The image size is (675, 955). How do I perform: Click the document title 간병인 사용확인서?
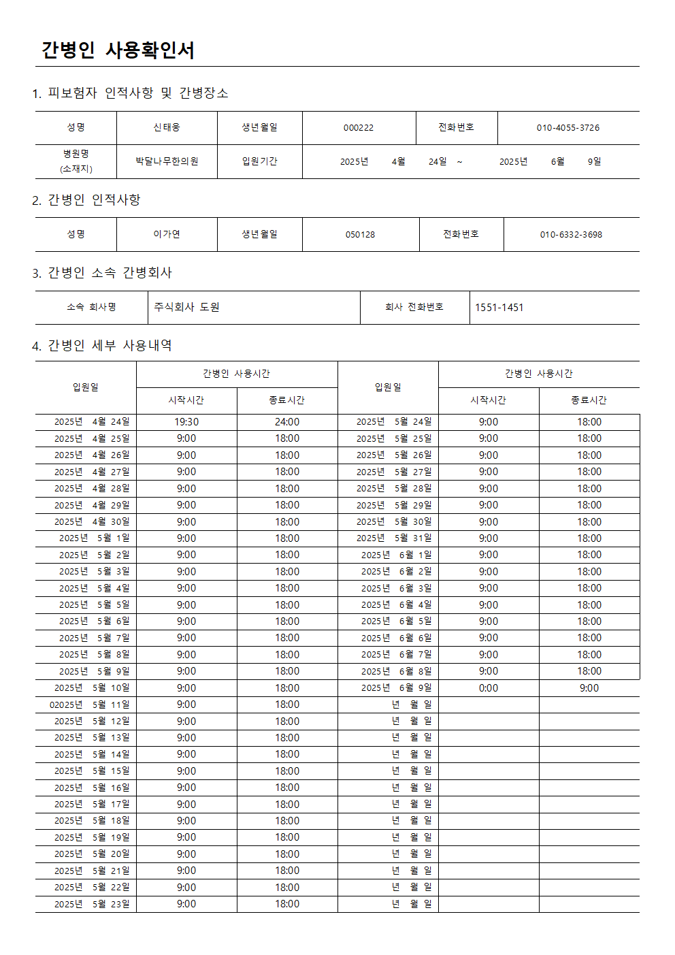point(118,50)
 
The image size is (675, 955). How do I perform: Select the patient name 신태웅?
point(167,127)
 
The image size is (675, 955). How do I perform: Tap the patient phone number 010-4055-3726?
point(568,127)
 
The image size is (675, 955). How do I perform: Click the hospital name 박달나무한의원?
point(167,161)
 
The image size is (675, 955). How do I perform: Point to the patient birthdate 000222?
point(359,127)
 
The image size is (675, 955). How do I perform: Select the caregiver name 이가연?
point(167,234)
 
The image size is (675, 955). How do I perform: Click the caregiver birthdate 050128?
point(360,234)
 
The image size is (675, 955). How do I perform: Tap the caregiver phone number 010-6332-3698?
point(571,234)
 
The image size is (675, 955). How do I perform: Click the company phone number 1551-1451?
point(499,307)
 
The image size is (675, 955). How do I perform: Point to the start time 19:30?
point(186,422)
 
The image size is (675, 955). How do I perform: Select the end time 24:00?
point(287,422)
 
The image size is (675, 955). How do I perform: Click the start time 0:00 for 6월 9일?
point(489,688)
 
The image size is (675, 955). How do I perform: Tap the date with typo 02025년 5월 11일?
point(89,705)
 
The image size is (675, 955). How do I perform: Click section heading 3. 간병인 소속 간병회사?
point(102,273)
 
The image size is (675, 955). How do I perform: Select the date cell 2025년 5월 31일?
point(394,538)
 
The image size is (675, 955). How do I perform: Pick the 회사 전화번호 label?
point(414,307)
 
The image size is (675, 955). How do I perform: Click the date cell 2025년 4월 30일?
point(92,522)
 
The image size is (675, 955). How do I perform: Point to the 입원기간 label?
point(260,161)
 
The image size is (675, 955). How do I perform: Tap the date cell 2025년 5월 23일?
point(92,904)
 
